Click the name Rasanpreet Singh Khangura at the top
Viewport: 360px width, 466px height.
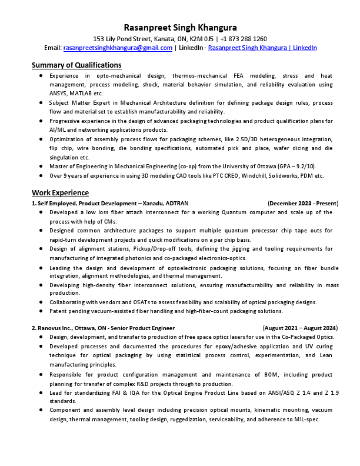pyautogui.click(x=180, y=28)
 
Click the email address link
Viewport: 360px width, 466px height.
pyautogui.click(x=118, y=48)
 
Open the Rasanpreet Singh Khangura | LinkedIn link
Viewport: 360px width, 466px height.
pyautogui.click(x=262, y=48)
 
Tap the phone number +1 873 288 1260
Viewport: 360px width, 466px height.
pyautogui.click(x=244, y=38)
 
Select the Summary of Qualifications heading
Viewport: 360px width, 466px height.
pyautogui.click(x=76, y=65)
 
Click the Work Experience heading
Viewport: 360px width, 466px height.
pyautogui.click(x=60, y=192)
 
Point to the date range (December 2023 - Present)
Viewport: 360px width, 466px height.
pyautogui.click(x=303, y=203)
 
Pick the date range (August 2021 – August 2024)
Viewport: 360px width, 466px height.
pyautogui.click(x=300, y=328)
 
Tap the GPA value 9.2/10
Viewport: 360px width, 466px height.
pyautogui.click(x=304, y=167)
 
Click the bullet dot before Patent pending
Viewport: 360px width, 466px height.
pyautogui.click(x=39, y=311)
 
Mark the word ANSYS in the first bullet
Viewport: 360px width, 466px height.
pyautogui.click(x=58, y=93)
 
